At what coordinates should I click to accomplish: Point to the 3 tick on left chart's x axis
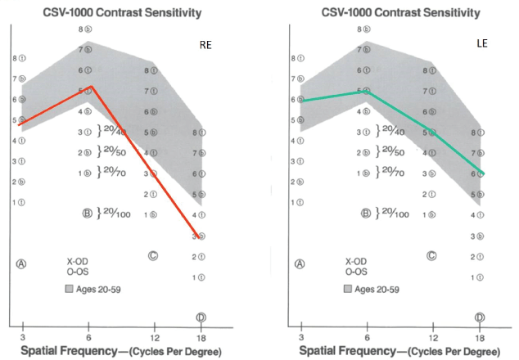coord(23,336)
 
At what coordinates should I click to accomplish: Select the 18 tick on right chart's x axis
coord(479,336)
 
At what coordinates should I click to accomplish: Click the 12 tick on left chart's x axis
coord(154,336)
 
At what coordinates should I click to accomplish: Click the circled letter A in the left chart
coord(23,263)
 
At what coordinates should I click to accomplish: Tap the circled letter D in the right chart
coord(479,317)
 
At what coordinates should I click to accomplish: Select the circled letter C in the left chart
coord(153,255)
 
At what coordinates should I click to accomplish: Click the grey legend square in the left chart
coord(71,288)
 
